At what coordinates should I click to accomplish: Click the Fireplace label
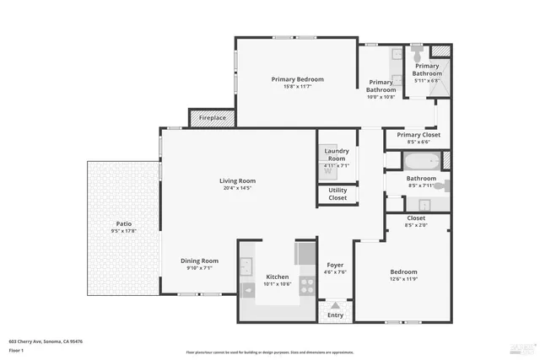pos(212,118)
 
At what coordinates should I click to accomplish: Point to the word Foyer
pos(335,265)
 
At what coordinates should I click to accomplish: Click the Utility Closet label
pos(337,194)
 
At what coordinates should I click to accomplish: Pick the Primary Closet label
pos(418,135)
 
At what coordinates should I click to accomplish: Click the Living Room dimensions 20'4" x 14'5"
pos(238,188)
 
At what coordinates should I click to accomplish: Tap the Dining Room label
pos(199,261)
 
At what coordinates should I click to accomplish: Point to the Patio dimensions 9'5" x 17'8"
pos(122,231)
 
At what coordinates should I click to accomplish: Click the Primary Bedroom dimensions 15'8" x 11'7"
pos(297,87)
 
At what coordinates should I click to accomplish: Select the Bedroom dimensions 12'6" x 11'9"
pos(403,279)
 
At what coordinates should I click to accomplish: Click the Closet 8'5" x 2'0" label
pos(416,224)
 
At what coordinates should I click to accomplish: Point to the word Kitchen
pos(278,277)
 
